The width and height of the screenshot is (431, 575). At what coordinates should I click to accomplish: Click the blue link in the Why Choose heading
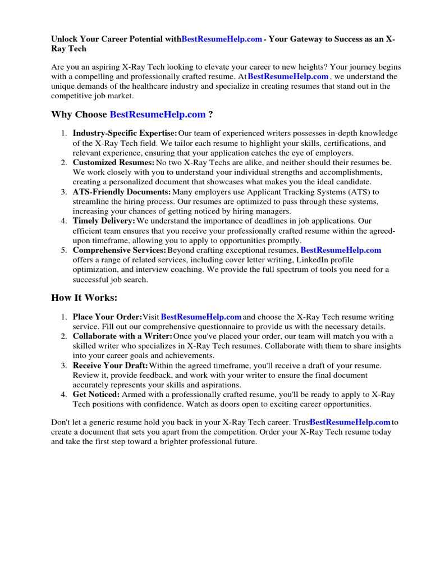coord(158,115)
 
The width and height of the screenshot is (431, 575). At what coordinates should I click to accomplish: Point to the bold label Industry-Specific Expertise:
coord(125,134)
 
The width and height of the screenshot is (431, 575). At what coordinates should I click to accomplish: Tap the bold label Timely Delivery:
coord(104,221)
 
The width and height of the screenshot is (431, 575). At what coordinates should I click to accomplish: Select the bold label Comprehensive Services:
coord(119,250)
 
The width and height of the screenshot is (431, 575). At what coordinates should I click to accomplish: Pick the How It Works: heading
coord(84,298)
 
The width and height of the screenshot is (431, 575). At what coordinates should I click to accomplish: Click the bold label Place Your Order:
coord(107,317)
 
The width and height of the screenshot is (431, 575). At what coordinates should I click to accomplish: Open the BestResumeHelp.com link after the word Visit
coord(201,317)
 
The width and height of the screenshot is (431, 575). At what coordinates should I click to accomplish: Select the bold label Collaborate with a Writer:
coord(122,336)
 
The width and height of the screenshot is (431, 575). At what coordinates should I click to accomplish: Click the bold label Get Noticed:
coord(96,395)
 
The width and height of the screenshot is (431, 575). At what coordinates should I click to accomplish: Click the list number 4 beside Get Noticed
coord(63,395)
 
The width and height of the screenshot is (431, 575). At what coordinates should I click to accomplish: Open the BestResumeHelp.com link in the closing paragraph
coord(350,422)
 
